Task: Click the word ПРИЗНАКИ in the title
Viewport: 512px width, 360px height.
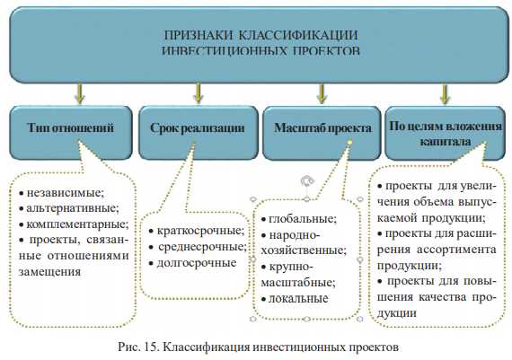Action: pyautogui.click(x=197, y=36)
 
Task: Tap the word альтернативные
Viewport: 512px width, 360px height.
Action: pyautogui.click(x=71, y=207)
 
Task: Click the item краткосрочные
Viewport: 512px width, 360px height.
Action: pyautogui.click(x=198, y=231)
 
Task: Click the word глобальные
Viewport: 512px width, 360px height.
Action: pyautogui.click(x=303, y=217)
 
